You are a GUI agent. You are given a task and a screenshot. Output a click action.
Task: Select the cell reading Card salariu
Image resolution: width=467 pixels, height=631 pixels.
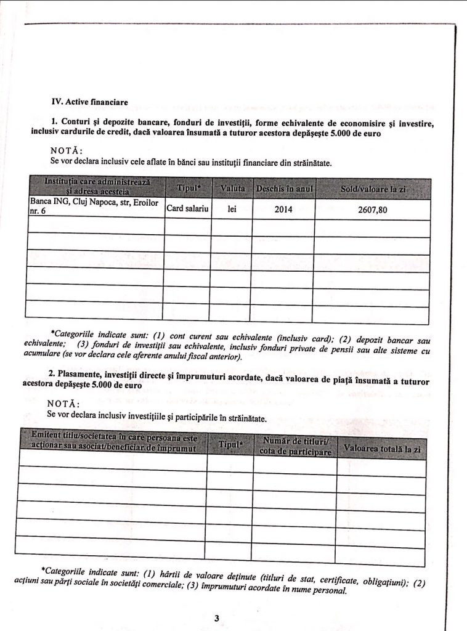(187, 209)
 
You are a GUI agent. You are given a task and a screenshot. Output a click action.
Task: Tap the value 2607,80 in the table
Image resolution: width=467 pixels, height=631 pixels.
(372, 210)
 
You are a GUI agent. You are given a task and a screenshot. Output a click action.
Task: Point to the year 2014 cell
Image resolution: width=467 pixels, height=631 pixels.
(283, 210)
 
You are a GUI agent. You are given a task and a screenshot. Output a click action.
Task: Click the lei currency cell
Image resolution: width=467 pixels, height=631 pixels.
(232, 209)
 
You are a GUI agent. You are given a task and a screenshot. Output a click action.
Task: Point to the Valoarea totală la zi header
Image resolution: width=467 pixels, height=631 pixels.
(382, 449)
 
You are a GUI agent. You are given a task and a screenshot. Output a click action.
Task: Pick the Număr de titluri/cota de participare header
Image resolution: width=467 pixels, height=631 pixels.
(294, 446)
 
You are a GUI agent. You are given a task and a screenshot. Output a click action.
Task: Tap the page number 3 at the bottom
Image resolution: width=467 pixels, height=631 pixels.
(216, 617)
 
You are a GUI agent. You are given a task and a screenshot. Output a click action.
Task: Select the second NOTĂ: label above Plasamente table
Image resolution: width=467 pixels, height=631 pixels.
(63, 404)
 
